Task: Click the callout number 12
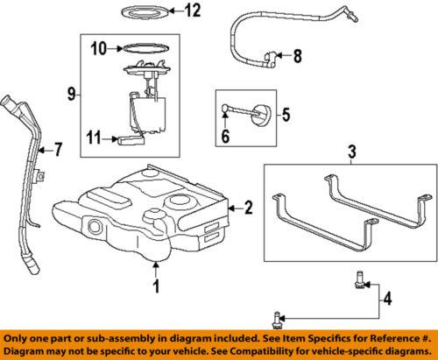tap(192, 11)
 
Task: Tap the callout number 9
tap(69, 90)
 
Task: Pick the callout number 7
tap(59, 150)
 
